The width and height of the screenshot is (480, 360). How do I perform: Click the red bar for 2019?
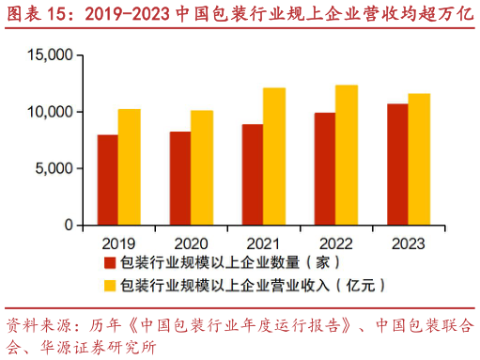click(x=108, y=180)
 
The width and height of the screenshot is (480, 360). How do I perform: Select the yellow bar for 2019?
click(x=130, y=167)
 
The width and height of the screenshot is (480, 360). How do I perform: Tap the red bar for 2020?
click(x=180, y=179)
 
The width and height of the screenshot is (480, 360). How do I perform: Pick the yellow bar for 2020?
click(x=202, y=168)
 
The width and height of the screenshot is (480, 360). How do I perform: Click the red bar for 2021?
click(x=253, y=175)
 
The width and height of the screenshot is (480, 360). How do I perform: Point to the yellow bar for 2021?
click(x=274, y=157)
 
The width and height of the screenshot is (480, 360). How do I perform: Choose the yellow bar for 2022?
click(x=347, y=155)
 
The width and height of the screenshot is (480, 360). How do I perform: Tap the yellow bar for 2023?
click(x=419, y=160)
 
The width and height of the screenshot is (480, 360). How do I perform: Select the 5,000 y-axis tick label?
click(x=54, y=169)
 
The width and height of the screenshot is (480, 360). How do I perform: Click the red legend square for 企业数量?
click(x=109, y=261)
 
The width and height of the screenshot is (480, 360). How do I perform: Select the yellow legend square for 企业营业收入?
click(x=109, y=283)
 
